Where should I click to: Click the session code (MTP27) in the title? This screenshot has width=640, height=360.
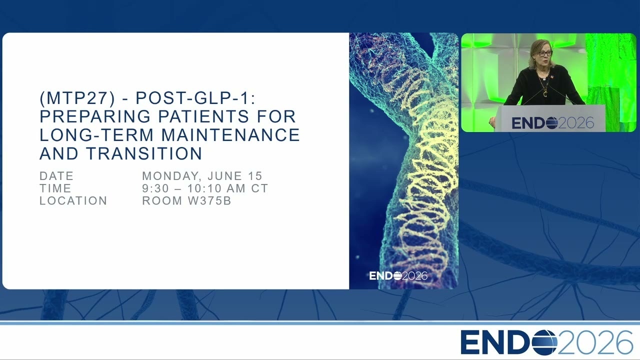[77, 98]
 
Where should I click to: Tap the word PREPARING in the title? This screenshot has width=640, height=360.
[95, 116]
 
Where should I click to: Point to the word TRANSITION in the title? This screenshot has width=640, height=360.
[144, 153]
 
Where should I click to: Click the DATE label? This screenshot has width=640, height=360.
[56, 176]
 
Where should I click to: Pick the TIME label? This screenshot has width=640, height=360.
[55, 188]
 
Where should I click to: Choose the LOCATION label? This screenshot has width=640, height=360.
[73, 201]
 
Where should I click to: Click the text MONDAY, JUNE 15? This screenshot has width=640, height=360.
[202, 176]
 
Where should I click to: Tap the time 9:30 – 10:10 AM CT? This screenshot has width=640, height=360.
[205, 188]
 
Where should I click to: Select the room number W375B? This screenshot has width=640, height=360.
[209, 201]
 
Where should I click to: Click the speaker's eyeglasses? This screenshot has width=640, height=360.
[545, 53]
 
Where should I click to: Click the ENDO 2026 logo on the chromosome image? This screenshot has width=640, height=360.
[398, 275]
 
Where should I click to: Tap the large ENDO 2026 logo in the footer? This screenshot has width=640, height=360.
[546, 342]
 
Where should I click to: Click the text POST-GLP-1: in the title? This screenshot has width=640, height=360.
[195, 98]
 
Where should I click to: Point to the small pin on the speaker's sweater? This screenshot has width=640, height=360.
[551, 76]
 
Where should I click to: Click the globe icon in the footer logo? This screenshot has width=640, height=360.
[544, 342]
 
